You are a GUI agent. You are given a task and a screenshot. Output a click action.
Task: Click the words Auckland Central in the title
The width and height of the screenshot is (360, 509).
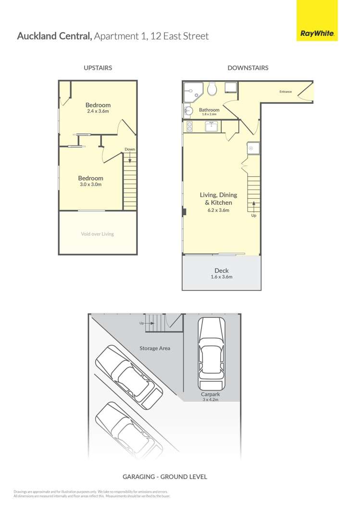tap(54, 36)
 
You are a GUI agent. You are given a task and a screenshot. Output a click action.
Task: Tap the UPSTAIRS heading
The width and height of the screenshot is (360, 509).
tap(98, 68)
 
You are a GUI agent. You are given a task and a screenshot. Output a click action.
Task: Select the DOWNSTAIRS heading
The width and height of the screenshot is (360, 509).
tap(248, 68)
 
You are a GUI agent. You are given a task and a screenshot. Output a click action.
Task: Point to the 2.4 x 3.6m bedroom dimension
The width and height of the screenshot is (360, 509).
tap(98, 111)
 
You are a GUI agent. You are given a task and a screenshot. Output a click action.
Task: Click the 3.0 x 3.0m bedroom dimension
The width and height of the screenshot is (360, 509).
tap(90, 184)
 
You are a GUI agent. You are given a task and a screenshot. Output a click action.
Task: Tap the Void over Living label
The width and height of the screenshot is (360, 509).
tap(98, 234)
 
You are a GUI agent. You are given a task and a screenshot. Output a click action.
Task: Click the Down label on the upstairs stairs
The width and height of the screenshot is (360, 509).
tap(130, 149)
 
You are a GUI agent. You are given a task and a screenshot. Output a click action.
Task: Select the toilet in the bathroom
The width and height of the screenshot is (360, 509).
tap(212, 88)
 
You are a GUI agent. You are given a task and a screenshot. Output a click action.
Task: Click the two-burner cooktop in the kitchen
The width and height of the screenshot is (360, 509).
tap(189, 126)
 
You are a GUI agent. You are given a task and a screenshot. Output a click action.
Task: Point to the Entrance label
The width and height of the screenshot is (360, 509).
tap(286, 92)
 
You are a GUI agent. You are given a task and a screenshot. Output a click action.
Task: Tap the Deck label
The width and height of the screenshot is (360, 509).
tap(222, 271)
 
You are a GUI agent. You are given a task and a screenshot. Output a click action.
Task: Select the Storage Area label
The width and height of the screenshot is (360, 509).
tap(155, 348)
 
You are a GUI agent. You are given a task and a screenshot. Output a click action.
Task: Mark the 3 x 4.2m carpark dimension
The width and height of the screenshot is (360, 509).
tap(211, 400)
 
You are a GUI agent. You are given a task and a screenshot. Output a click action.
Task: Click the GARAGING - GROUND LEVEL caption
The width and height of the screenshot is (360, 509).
tap(165, 477)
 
